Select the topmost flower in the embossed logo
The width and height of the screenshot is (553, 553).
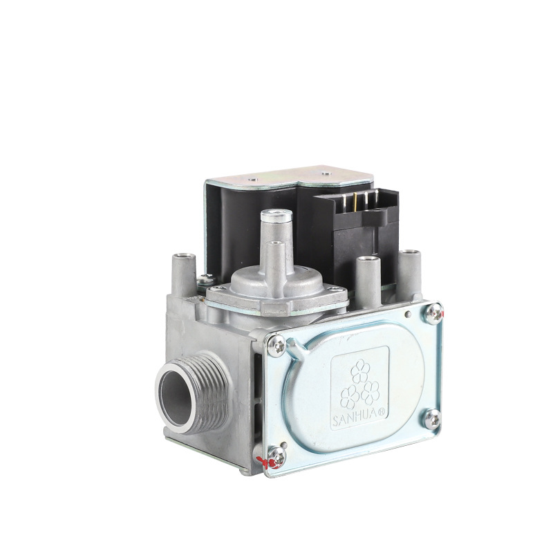pos(359,373)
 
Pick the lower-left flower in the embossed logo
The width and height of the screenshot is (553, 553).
pos(350,395)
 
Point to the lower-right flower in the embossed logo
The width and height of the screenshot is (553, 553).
pos(371,392)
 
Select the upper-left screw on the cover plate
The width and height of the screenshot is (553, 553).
pos(276,344)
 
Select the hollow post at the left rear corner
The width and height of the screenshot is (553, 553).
pos(183,259)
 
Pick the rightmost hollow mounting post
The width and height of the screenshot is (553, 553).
pos(411,255)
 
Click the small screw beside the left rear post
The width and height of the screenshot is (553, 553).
pos(205,280)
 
